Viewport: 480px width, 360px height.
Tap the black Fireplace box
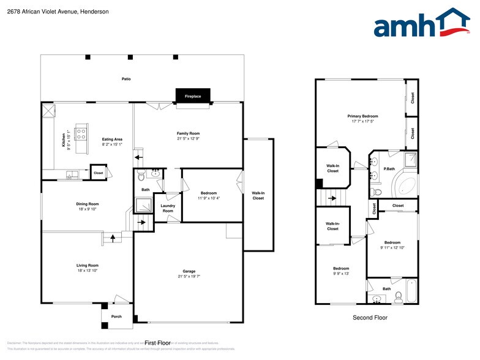pos(193,96)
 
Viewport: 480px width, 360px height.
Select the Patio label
pos(126,79)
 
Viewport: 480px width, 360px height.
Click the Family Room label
pos(188,133)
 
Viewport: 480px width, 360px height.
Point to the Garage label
pos(188,271)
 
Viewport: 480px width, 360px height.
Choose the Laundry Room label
pos(168,208)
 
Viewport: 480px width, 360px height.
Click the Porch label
pos(116,317)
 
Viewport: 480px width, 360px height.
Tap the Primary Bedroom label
pos(362,116)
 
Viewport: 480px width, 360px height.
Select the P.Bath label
pos(388,168)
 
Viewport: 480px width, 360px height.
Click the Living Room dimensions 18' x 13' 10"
pos(87,270)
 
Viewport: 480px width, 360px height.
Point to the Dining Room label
pos(87,204)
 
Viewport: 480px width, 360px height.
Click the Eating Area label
pos(112,140)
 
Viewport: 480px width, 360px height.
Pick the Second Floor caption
pos(370,318)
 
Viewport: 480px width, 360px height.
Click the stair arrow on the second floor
pos(332,198)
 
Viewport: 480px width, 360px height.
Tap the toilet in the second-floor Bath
pos(398,298)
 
